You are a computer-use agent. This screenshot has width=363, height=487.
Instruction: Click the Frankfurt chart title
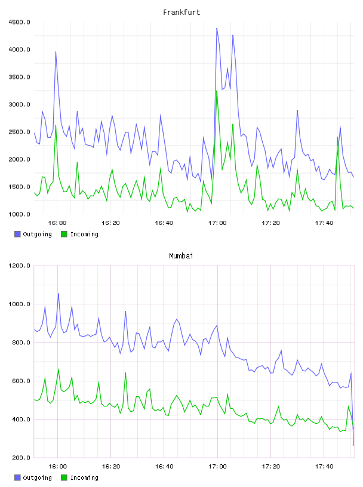(181, 13)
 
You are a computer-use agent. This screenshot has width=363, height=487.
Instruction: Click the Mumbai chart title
(181, 256)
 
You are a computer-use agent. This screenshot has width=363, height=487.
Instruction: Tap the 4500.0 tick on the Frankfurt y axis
(19, 22)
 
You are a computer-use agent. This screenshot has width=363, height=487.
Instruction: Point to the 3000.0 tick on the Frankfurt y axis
(19, 104)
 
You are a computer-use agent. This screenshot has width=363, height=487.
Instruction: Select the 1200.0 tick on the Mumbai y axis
(19, 266)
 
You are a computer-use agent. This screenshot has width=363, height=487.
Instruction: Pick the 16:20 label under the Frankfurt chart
(110, 223)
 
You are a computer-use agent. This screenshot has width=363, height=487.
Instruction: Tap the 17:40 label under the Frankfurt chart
(324, 223)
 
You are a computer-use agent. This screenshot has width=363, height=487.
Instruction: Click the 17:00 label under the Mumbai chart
(217, 466)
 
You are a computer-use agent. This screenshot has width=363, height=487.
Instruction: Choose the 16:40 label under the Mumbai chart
(164, 466)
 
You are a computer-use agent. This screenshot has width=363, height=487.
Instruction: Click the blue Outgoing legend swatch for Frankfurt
(17, 234)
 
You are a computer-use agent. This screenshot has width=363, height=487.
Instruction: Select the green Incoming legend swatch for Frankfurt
(64, 234)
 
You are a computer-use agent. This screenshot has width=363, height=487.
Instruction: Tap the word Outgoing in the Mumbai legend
(37, 477)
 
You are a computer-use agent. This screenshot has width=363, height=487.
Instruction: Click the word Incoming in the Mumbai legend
(84, 477)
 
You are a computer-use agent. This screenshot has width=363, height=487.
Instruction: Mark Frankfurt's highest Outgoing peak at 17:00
(217, 28)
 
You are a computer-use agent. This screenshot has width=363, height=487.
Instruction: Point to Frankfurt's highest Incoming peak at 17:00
(217, 91)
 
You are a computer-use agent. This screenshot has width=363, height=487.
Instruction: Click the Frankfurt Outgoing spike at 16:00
(56, 52)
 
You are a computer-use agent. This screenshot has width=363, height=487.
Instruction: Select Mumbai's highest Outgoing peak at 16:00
(59, 294)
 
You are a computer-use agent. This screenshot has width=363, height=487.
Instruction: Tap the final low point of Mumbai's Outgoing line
(353, 445)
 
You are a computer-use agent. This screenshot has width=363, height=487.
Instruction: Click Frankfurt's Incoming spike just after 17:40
(337, 137)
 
